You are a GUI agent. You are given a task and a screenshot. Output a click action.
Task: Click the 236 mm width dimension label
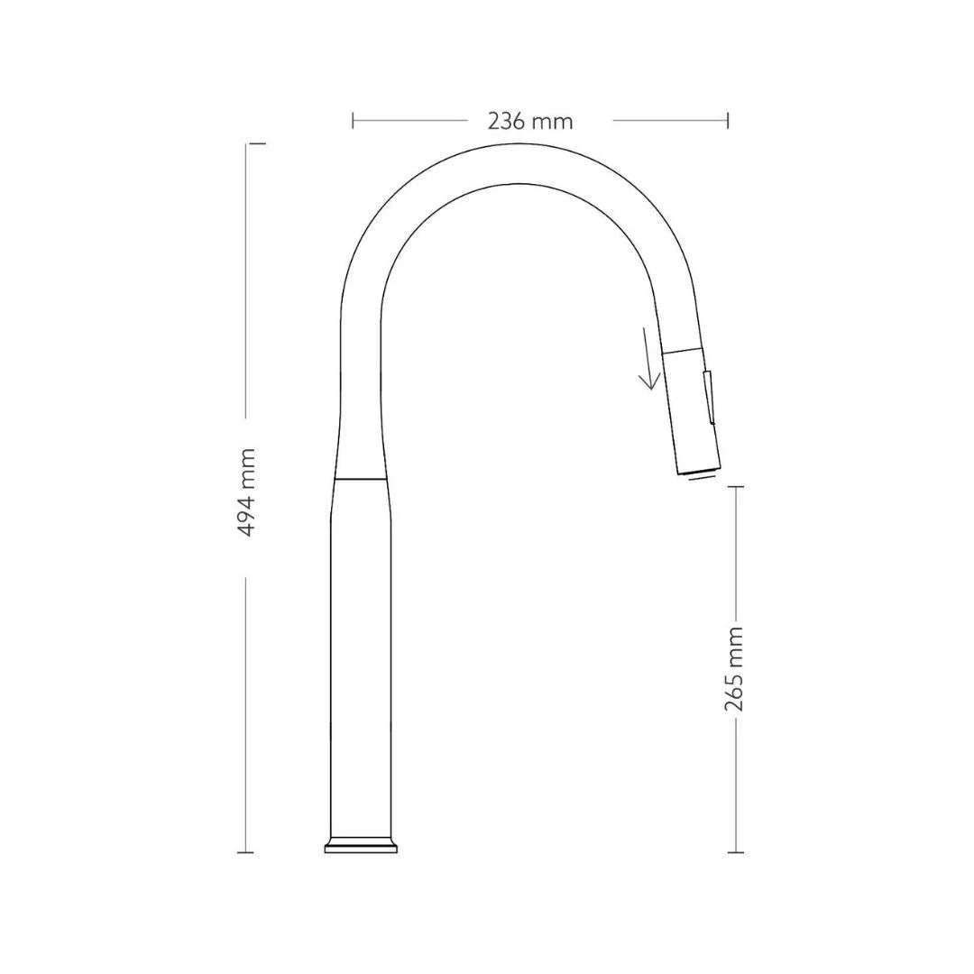click(530, 121)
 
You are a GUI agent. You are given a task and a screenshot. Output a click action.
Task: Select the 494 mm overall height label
click(246, 492)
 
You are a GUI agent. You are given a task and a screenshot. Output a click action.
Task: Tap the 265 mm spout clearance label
click(735, 668)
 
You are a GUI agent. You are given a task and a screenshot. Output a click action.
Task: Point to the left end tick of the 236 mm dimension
click(354, 120)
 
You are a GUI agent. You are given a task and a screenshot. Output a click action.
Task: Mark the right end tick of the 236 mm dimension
click(727, 120)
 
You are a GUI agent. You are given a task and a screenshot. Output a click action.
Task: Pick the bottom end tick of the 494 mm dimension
click(245, 851)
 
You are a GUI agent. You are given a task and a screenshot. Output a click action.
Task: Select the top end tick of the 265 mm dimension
click(735, 487)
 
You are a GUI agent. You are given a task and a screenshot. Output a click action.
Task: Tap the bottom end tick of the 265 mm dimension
click(735, 851)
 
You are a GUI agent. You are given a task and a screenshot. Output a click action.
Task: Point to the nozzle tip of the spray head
click(699, 470)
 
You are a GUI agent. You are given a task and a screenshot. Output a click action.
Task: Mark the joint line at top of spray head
click(682, 347)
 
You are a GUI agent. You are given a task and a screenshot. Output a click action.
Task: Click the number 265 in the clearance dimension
click(735, 692)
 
